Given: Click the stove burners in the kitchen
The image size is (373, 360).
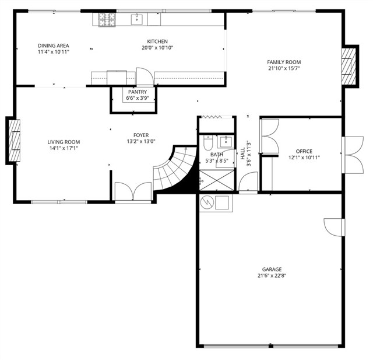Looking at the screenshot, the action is tap(107, 19).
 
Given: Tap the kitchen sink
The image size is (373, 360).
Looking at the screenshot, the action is tap(137, 19).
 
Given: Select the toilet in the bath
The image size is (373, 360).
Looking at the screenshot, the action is tap(207, 142).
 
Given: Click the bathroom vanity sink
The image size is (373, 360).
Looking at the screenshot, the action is tap(226, 142).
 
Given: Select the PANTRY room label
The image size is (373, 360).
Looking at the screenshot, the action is tap(138, 92).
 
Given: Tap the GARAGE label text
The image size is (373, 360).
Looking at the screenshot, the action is tap(272, 270).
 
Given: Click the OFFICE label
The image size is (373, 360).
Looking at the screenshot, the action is tap(304, 151).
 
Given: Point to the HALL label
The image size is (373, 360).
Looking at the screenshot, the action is tap(242, 153).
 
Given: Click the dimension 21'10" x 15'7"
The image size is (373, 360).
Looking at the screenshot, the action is tap(284, 69).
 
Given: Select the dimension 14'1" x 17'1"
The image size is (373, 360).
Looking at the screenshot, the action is tap(64, 148).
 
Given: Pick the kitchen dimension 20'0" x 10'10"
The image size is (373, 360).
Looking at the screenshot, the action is tap(157, 48).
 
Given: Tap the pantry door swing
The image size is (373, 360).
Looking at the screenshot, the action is tap(145, 76).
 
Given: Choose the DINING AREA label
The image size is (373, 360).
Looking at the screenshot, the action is tap(54, 46).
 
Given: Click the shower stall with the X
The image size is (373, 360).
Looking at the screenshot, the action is tap(217, 180).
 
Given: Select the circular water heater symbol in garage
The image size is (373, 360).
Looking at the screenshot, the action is tap(207, 202).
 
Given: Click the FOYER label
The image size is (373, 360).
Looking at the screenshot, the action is tap(141, 135).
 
